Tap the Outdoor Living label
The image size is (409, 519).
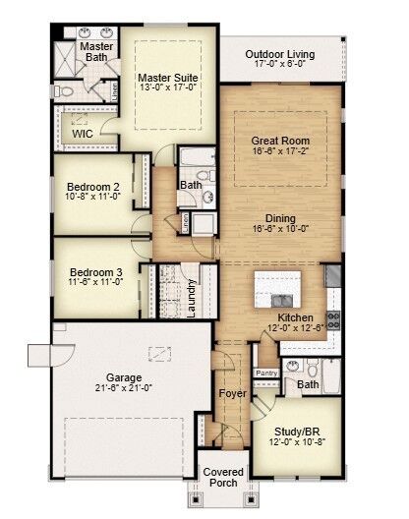pos(280,53)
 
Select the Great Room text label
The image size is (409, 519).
pos(280,141)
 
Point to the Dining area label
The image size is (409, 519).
pos(280,217)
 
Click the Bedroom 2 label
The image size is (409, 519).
pos(93,187)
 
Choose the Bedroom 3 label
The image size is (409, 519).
pos(93,272)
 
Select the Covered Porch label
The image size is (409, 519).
pos(224,478)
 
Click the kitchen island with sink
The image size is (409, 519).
pos(283,292)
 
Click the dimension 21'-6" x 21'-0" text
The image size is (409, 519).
pos(125,388)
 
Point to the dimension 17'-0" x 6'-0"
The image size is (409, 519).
pos(280,65)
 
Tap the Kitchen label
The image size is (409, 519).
pos(295,317)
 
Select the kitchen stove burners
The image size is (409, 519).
pos(333,318)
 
